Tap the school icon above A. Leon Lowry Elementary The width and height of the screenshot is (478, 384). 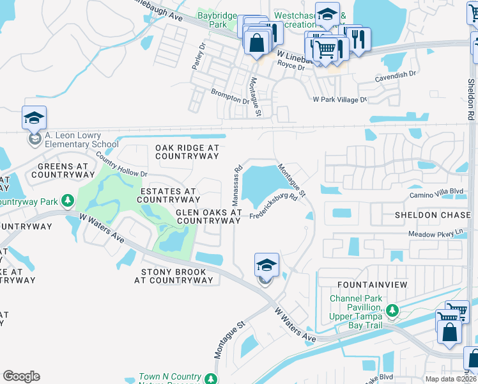[x=34, y=118]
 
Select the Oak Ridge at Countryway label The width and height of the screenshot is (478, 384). [x=187, y=152]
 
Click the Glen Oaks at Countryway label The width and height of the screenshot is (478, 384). [x=209, y=216]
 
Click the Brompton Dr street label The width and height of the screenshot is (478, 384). [x=230, y=97]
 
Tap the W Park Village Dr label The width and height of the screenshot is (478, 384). [x=339, y=100]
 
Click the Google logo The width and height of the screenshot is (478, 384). [x=21, y=376]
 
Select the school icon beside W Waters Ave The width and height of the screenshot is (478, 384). [x=266, y=265]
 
